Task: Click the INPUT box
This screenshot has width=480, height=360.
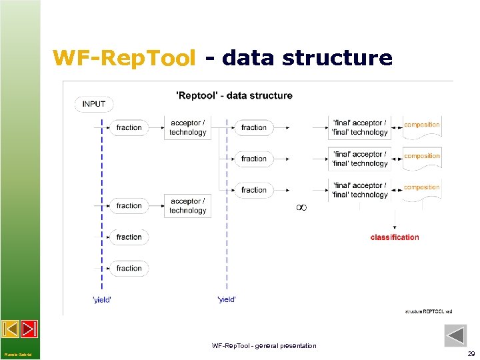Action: pyautogui.click(x=94, y=104)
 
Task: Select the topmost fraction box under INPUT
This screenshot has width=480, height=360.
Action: pyautogui.click(x=129, y=127)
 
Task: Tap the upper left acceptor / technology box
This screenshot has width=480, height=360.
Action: pyautogui.click(x=188, y=127)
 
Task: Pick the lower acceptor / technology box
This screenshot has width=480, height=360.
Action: pyautogui.click(x=188, y=206)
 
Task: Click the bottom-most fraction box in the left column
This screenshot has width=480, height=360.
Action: pyautogui.click(x=129, y=268)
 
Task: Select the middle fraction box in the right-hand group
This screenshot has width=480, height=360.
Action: pyautogui.click(x=253, y=159)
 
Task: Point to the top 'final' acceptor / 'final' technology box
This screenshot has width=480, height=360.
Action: pyautogui.click(x=360, y=127)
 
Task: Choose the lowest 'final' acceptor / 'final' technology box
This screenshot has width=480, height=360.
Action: pyautogui.click(x=360, y=190)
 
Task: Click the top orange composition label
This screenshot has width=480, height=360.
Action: pyautogui.click(x=422, y=125)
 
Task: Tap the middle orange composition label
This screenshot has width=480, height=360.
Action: pyautogui.click(x=422, y=156)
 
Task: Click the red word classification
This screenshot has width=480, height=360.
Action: pyautogui.click(x=395, y=237)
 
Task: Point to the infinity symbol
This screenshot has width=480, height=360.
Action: pyautogui.click(x=301, y=208)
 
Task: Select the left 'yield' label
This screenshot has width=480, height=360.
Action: pyautogui.click(x=102, y=300)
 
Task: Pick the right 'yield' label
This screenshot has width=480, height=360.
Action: pyautogui.click(x=227, y=300)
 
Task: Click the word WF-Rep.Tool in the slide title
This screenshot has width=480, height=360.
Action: pyautogui.click(x=125, y=59)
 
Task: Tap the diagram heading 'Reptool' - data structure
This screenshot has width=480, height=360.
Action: pyautogui.click(x=234, y=95)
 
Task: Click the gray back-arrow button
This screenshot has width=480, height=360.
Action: pyautogui.click(x=455, y=335)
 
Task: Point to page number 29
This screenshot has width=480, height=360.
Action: pyautogui.click(x=471, y=354)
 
